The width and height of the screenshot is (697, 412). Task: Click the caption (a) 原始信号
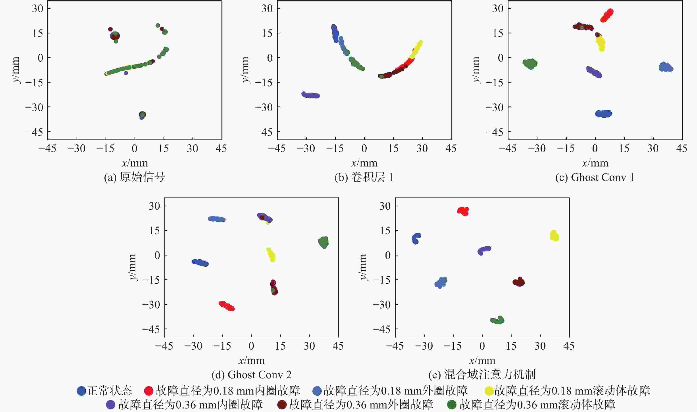(x=135, y=177)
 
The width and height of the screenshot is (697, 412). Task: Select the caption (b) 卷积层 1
(x=364, y=177)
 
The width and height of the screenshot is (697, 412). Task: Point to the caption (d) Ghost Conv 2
(x=251, y=375)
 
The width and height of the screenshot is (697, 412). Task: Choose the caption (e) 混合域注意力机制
(x=482, y=375)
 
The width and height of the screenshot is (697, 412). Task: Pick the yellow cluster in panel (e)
(x=554, y=236)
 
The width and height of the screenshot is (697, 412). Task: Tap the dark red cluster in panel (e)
(x=519, y=282)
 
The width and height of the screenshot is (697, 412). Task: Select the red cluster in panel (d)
(x=227, y=306)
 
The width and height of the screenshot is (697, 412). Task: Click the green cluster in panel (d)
(x=323, y=242)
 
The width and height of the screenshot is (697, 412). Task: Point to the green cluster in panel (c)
(x=530, y=64)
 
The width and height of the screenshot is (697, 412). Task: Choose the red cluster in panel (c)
(x=607, y=15)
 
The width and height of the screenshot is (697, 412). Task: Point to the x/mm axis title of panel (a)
(x=135, y=163)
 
